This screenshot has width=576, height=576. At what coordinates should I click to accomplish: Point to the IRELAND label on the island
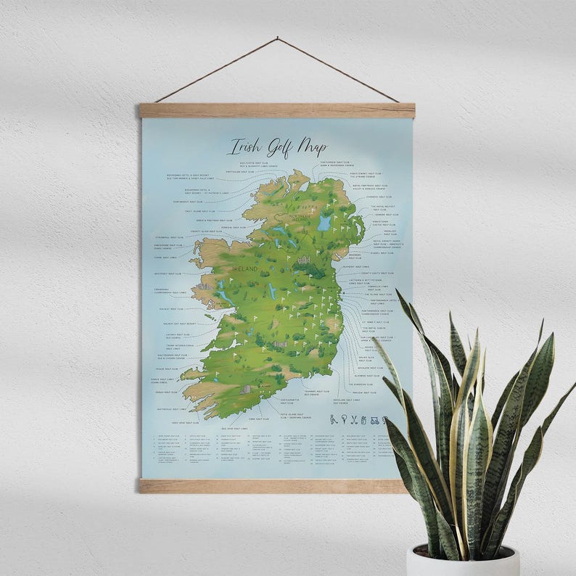pos(244,269)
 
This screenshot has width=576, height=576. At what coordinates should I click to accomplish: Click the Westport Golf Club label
pos(168,274)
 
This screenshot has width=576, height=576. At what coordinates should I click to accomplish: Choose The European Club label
pos(365,384)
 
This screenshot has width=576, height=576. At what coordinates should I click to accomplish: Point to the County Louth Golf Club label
pos(377,273)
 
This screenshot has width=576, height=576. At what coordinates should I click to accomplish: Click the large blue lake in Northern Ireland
pos(324,222)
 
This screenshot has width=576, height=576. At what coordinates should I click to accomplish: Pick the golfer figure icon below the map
pos(334,419)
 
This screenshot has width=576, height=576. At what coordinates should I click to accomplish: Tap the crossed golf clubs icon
pos(355,419)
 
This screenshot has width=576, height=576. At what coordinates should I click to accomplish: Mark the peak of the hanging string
pos(276,38)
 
